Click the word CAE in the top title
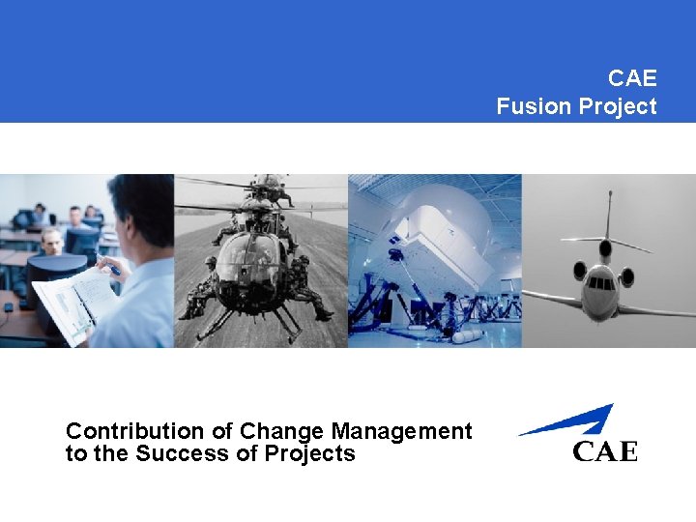[632, 77]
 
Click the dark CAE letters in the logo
[605, 450]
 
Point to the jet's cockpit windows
[602, 283]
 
